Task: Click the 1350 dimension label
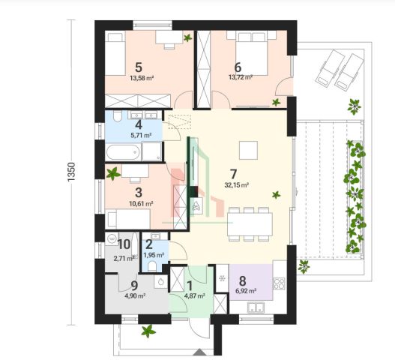coord(71,172)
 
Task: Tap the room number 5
coord(139,67)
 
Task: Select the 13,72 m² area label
coord(241,77)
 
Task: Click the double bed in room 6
coord(251,53)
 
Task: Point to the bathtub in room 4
coord(123,151)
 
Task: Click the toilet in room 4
coord(117,116)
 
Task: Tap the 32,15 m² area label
coord(237,185)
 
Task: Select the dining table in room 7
coord(250,224)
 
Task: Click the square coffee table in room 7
coord(248,150)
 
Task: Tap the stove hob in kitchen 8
coord(279,283)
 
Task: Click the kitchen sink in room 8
coord(256,307)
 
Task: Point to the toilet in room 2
coord(152,266)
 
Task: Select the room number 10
coord(124,244)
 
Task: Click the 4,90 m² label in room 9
coord(135,296)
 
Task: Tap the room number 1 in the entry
coord(190,286)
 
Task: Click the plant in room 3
coord(113,174)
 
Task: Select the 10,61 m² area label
coord(141,203)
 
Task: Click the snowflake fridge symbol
coord(222,278)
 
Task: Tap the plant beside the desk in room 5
coord(187,38)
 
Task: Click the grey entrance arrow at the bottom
coord(200,352)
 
